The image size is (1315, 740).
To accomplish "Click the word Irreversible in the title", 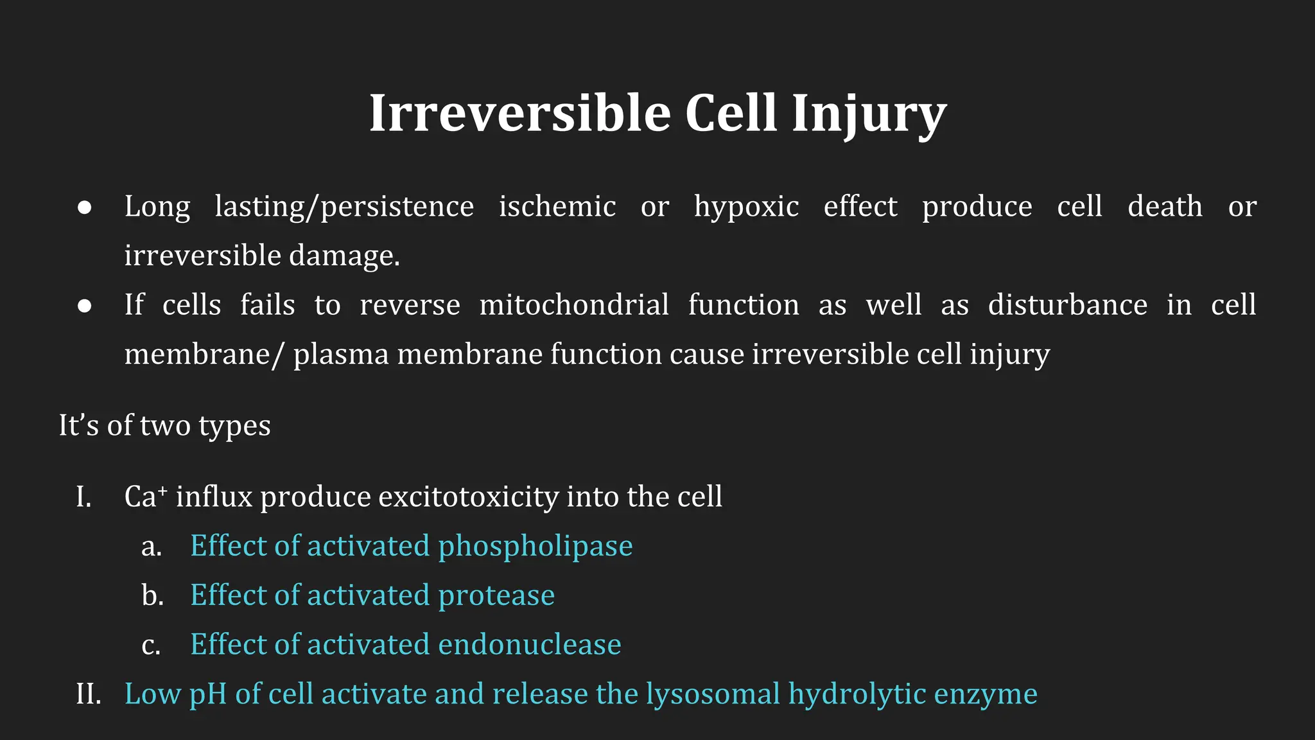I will (519, 114).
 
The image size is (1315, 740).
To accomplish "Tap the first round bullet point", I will (84, 207).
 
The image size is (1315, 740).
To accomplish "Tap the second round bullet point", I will (84, 306).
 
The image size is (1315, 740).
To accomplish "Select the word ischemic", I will (557, 207).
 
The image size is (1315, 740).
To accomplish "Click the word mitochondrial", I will (574, 305).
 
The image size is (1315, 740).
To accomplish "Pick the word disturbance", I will (1067, 305).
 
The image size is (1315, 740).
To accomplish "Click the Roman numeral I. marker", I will (83, 497).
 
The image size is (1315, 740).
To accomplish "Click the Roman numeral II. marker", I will (89, 694).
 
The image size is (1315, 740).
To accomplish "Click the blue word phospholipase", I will (535, 547).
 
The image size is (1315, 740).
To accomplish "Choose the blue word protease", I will (496, 595).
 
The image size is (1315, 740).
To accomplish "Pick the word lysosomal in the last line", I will (713, 694).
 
